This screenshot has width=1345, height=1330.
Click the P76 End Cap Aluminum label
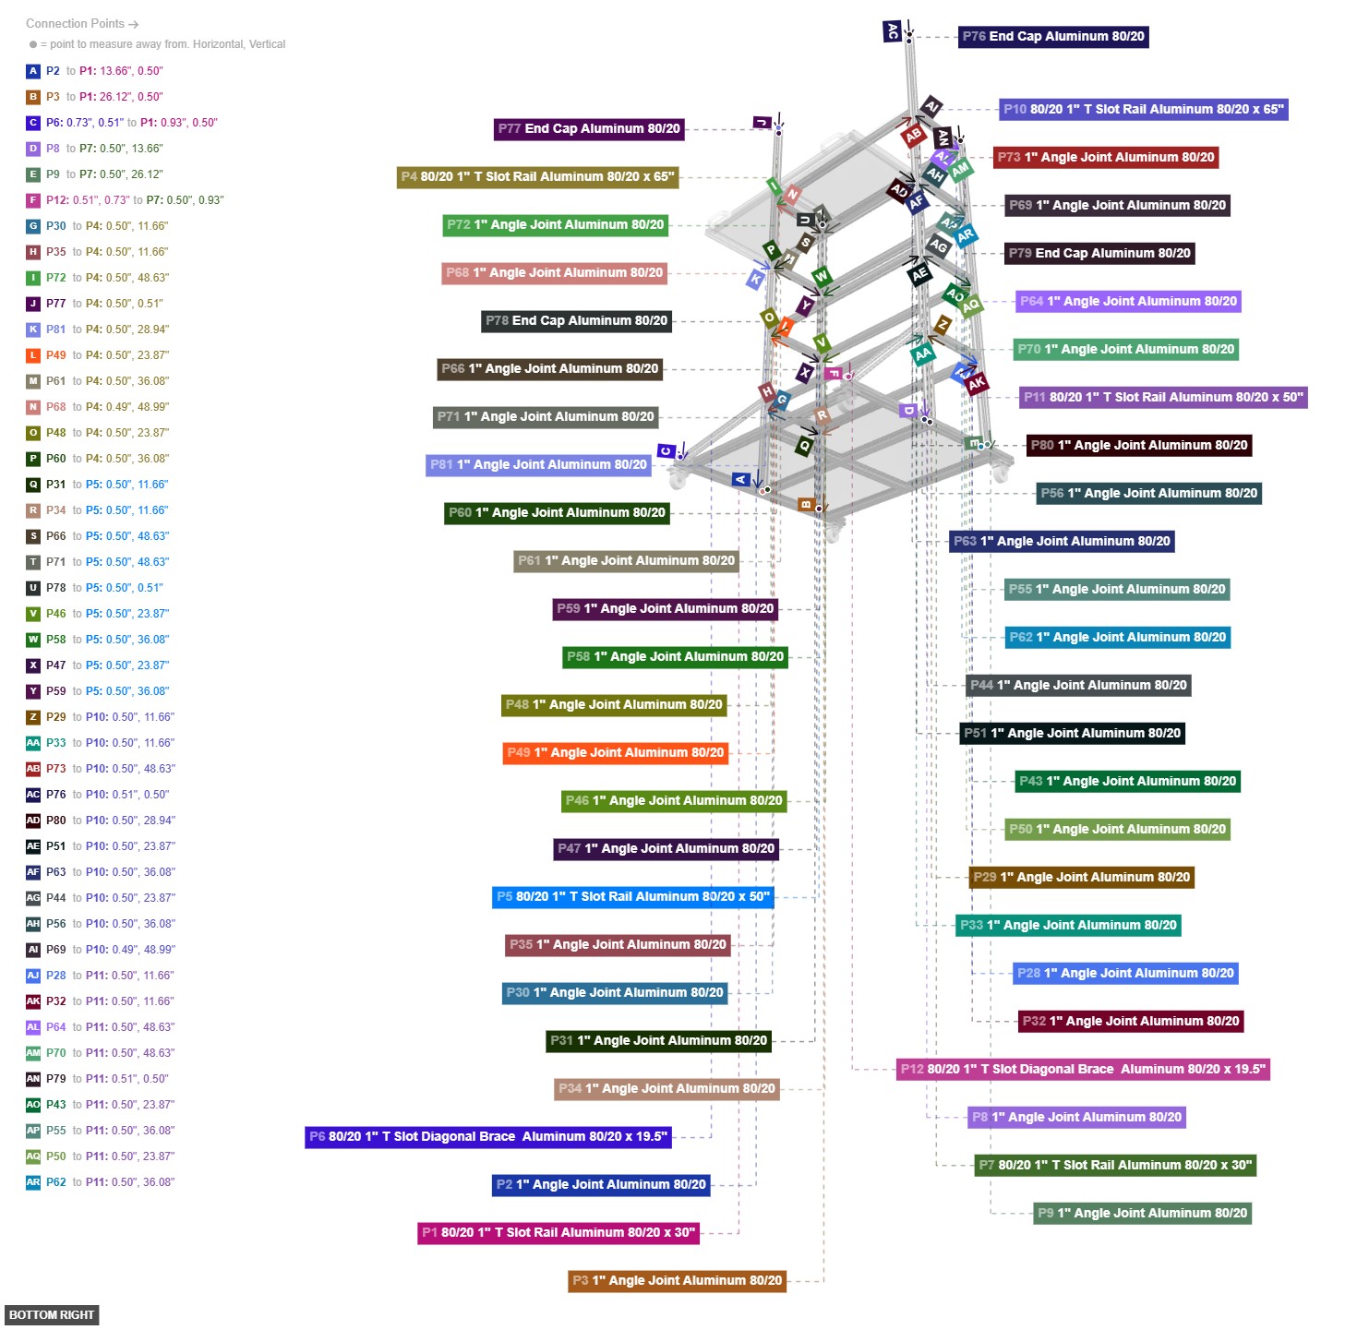point(1052,37)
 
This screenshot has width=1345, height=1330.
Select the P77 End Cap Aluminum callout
point(589,129)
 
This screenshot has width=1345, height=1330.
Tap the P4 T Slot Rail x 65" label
point(538,177)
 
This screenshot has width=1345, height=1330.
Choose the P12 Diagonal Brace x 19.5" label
point(1083,1070)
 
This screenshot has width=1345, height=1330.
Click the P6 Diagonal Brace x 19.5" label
point(487,1137)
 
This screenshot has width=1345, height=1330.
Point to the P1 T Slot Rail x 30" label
point(558,1233)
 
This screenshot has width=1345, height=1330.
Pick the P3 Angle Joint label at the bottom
point(677,1281)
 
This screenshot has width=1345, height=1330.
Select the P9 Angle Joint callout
point(1142,1214)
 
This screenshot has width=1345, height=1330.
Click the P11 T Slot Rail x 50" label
point(1163,398)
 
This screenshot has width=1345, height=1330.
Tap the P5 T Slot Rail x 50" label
point(632,897)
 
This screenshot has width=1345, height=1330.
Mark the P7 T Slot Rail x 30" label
point(1115,1166)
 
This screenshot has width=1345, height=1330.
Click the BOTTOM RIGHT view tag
point(52,1315)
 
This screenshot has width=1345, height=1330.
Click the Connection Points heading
point(81,24)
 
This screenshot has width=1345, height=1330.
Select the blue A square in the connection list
point(33,71)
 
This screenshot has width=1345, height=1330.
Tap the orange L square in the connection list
point(33,355)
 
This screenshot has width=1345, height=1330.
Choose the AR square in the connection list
point(33,1182)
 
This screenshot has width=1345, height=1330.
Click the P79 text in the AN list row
point(56,1079)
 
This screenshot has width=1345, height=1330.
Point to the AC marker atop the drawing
point(892,32)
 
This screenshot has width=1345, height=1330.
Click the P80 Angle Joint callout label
point(1139,446)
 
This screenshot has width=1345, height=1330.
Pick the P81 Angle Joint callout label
point(538,465)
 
